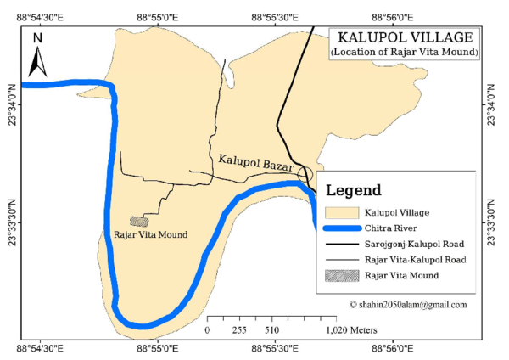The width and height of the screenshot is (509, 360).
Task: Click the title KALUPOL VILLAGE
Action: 405,38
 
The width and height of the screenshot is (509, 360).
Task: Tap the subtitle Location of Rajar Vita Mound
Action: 405,53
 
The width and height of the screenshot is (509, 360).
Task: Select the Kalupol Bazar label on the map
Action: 255,160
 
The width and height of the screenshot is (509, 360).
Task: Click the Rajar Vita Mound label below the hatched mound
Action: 150,234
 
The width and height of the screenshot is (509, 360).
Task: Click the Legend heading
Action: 353,190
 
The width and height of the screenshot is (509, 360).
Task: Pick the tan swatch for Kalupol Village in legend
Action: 340,211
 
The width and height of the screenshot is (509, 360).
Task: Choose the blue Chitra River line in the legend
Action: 340,228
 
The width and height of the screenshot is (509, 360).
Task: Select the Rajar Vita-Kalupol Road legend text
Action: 416,260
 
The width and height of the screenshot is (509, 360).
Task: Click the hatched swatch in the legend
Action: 340,276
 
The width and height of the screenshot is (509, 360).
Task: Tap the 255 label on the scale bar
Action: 239,329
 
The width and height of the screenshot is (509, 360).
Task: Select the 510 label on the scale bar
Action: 271,329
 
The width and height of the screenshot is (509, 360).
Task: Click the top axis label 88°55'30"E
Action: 280,18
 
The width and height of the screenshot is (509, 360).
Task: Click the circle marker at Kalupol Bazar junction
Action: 305,174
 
